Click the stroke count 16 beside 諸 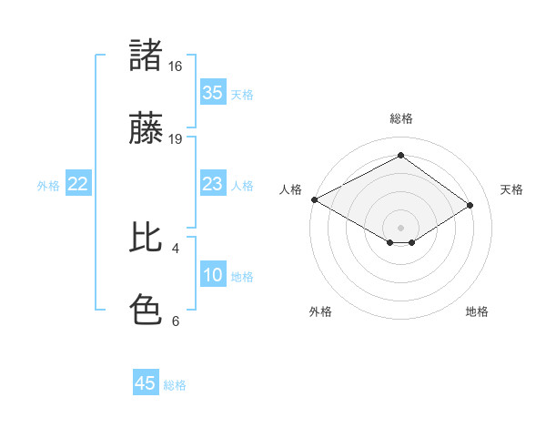(x=176, y=66)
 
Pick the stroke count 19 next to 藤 (x=176, y=139)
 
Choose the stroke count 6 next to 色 (x=176, y=321)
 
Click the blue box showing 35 (x=212, y=93)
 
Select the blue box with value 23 (x=212, y=184)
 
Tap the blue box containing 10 (x=212, y=275)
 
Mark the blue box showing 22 (x=78, y=184)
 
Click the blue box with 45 (x=146, y=383)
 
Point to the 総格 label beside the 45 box (x=175, y=385)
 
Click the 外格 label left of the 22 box (x=48, y=186)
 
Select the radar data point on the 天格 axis (x=470, y=206)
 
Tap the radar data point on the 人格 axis (x=314, y=199)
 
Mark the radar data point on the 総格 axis (x=400, y=156)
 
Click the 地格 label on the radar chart (x=477, y=312)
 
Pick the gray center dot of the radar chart (x=400, y=227)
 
